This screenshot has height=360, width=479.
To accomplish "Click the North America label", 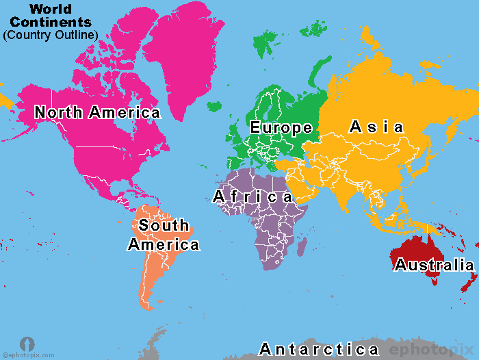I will click(x=97, y=112).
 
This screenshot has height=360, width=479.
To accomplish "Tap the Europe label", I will click(x=281, y=127).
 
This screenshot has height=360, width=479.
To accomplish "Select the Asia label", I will click(x=376, y=127).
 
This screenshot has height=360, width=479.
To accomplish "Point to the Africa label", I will click(x=253, y=197).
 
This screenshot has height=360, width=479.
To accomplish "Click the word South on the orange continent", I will click(x=164, y=225).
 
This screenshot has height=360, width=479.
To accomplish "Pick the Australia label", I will click(x=434, y=266).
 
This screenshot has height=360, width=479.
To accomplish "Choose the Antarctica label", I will click(x=319, y=350).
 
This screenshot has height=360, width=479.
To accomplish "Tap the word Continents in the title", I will click(x=51, y=22).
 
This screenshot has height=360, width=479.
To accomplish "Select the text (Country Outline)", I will click(x=51, y=34).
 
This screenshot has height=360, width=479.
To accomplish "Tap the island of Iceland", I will click(x=215, y=107).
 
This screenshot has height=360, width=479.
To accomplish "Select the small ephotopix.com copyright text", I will click(x=27, y=355).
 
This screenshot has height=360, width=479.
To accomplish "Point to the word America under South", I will click(x=164, y=244).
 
